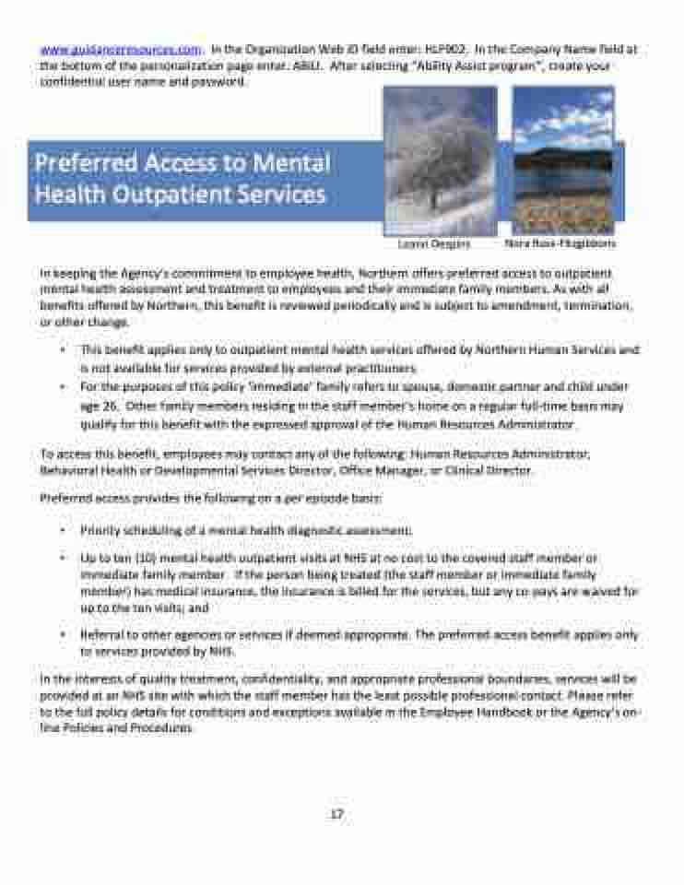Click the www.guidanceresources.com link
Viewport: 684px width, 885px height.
pyautogui.click(x=121, y=49)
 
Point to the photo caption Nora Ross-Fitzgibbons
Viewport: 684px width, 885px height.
pyautogui.click(x=560, y=244)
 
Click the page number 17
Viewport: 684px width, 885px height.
pyautogui.click(x=337, y=814)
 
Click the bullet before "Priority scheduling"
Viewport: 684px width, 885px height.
pyautogui.click(x=62, y=531)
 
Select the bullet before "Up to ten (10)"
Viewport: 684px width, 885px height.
pyautogui.click(x=62, y=559)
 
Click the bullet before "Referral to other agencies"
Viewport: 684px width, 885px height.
pyautogui.click(x=62, y=636)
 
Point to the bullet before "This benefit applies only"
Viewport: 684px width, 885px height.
pyautogui.click(x=62, y=350)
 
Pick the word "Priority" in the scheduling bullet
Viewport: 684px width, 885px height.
pyautogui.click(x=99, y=531)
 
